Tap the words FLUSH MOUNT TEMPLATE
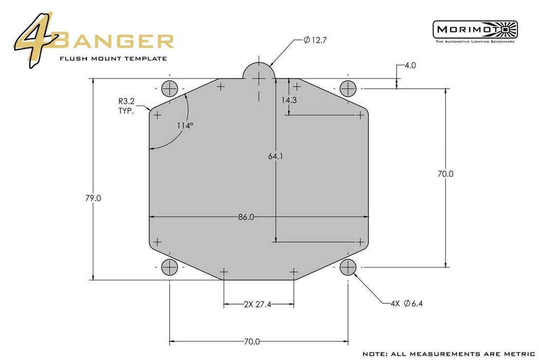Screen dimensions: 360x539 [x=113, y=58]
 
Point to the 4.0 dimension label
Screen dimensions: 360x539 [x=410, y=65]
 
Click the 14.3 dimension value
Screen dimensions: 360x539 [x=289, y=100]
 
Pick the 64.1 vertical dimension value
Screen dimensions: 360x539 [x=275, y=157]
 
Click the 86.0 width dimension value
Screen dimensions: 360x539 [x=246, y=217]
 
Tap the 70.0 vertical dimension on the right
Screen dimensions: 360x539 [x=445, y=174]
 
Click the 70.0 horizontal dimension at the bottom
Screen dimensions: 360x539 [x=252, y=341]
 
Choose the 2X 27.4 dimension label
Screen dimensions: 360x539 [x=258, y=304]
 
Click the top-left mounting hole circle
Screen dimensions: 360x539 [x=170, y=89]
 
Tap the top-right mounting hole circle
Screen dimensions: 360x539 [x=348, y=88]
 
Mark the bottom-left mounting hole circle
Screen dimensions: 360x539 [x=170, y=267]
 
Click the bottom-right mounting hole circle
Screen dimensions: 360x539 [x=348, y=267]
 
